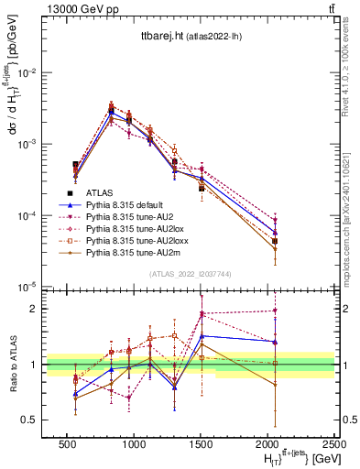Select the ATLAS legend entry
click(99, 192)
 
